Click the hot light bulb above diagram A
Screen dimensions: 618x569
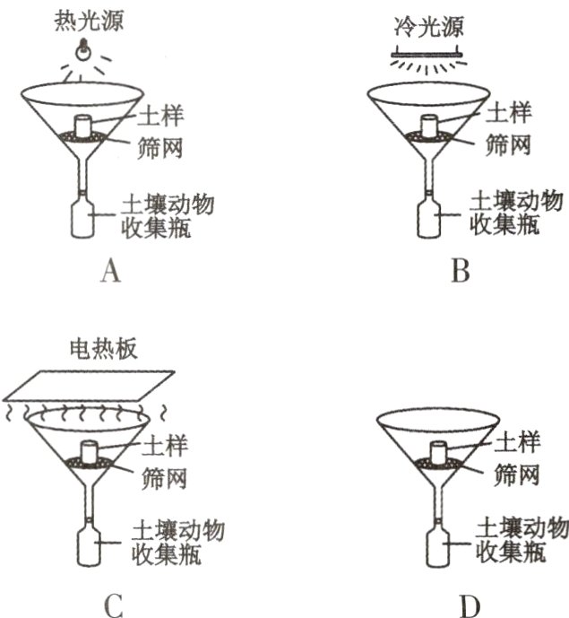click(84, 48)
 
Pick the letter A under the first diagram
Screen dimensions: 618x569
click(110, 270)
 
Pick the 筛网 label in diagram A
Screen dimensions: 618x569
click(160, 145)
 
